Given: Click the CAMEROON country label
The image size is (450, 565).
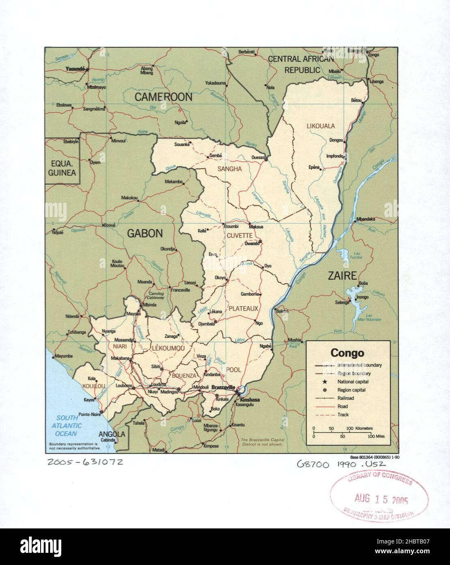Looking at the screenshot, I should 163,97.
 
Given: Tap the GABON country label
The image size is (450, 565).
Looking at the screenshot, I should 145,233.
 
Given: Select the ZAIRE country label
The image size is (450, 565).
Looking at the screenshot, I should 342,276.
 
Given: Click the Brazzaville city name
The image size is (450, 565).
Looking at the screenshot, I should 223,388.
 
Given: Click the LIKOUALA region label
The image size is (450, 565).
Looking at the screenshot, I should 321,126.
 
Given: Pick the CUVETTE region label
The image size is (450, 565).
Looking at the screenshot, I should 239,235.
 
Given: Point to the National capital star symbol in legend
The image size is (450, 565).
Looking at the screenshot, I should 325,382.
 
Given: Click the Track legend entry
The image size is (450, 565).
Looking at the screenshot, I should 343,415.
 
